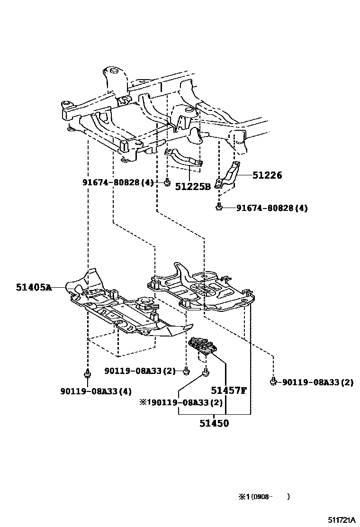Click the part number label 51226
(267, 175)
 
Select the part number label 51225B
(193, 187)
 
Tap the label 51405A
(33, 287)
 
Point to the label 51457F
(229, 391)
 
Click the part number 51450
(214, 423)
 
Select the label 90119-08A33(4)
(96, 391)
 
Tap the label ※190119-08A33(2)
(180, 402)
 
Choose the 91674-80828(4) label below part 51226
(272, 208)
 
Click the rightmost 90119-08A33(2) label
(317, 382)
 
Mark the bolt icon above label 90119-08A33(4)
(88, 375)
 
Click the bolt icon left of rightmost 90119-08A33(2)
(273, 381)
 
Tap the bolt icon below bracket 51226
(219, 207)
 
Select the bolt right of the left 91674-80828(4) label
(167, 182)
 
